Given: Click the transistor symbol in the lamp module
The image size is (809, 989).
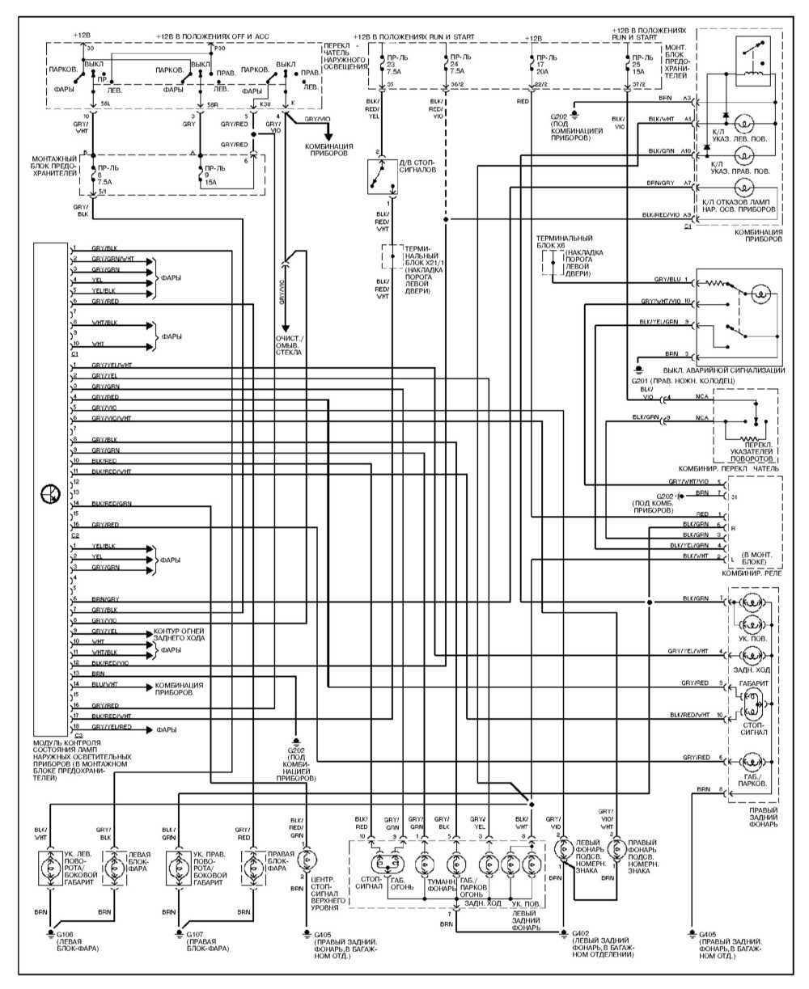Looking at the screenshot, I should (49, 494).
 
